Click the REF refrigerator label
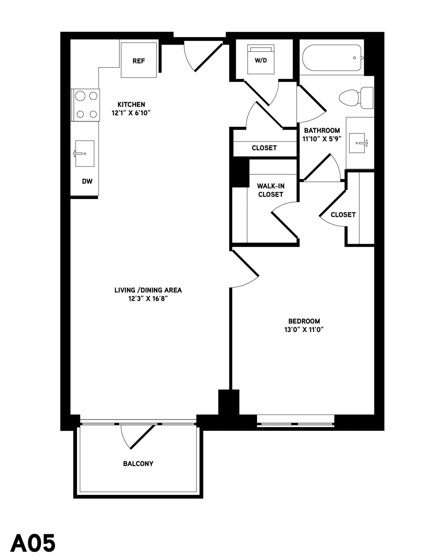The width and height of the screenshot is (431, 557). (x=139, y=61)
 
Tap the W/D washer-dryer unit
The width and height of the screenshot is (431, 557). (x=261, y=59)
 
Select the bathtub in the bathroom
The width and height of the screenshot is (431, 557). (x=332, y=58)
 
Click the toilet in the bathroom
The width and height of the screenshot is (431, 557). (x=356, y=98)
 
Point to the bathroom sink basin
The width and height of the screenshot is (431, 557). (x=357, y=143)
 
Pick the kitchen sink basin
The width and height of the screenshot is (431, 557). (x=85, y=153)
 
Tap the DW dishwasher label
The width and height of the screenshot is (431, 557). (x=87, y=181)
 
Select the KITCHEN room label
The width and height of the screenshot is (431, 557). (x=131, y=104)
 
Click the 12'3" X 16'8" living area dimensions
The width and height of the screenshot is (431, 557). (x=148, y=299)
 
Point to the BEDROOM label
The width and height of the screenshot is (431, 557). (x=304, y=321)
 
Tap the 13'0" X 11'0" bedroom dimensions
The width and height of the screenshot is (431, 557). (x=304, y=330)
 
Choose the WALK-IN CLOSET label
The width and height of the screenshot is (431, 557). (x=271, y=190)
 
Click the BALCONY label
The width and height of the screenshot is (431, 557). (x=138, y=464)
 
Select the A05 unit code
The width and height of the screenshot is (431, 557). (x=33, y=543)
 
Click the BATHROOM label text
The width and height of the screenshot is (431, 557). (x=322, y=130)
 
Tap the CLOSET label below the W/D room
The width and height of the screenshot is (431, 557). (x=264, y=148)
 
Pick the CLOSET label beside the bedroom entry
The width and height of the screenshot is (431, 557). (x=343, y=215)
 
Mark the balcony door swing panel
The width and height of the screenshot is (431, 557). (x=143, y=437)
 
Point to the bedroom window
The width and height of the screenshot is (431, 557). (x=296, y=421)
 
